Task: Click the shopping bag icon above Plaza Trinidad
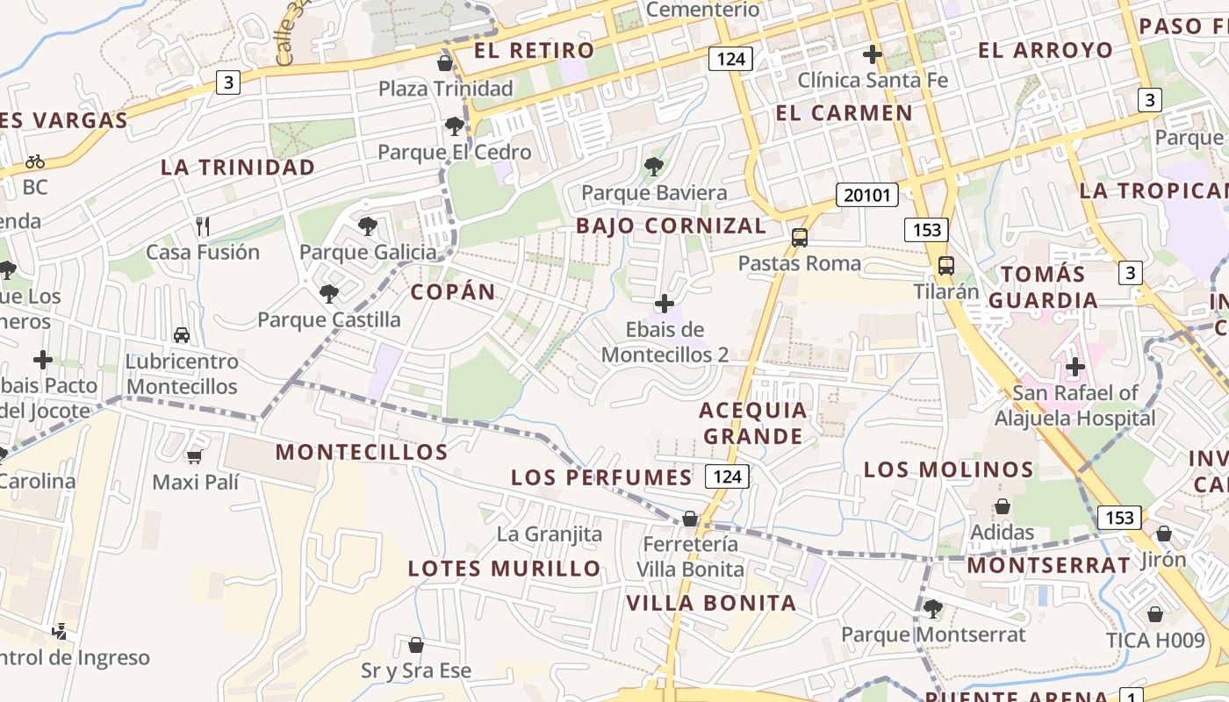pos(445,63)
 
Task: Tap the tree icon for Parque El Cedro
pos(454,126)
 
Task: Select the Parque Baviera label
pos(654,193)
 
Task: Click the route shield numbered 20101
pos(866,195)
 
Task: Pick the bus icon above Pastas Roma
pos(799,238)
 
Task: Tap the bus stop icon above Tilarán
pos(945,266)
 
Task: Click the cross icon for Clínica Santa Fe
pos(872,54)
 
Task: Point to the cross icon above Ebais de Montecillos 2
pos(665,304)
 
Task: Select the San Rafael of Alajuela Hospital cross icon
pos(1074,367)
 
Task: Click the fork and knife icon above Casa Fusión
pos(203,226)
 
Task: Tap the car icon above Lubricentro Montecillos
pos(182,335)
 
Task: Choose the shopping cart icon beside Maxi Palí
pos(194,456)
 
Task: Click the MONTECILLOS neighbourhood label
pos(362,453)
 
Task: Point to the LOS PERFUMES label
pos(601,477)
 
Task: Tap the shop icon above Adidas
pos(1002,507)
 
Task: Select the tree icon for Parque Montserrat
pos(932,608)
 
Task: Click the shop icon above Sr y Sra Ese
pos(416,646)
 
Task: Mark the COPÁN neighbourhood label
pos(453,292)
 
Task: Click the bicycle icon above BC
pos(35,161)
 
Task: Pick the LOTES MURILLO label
pos(504,569)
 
